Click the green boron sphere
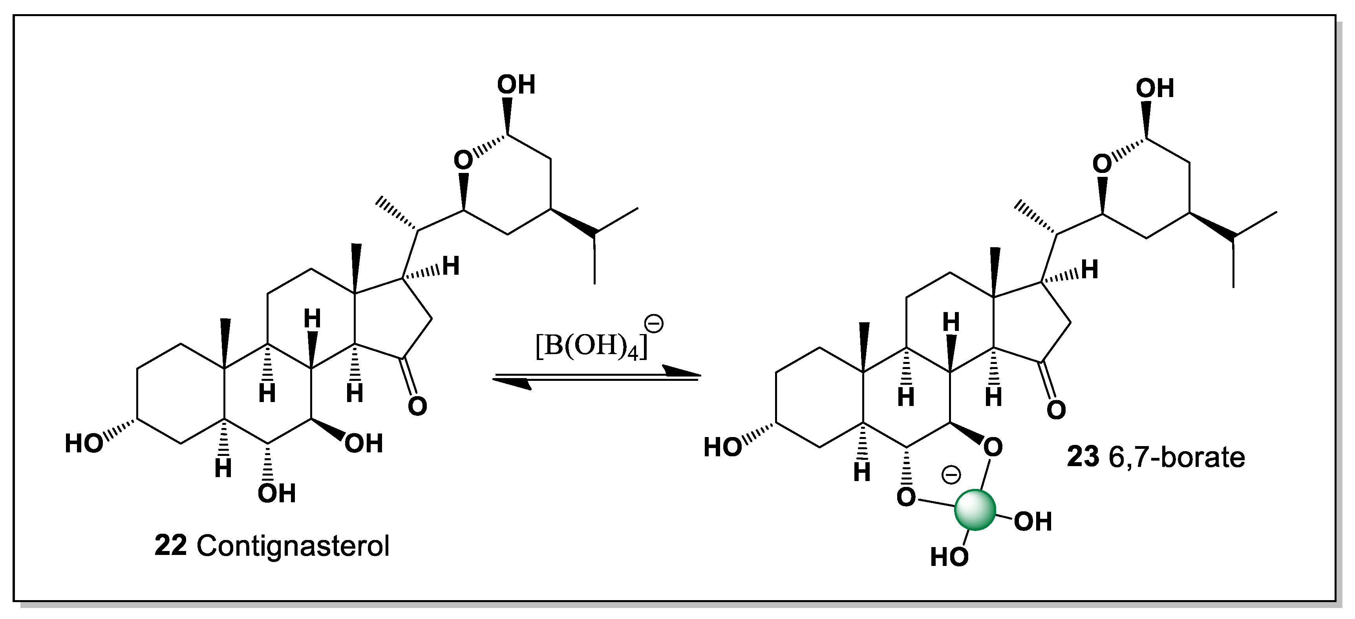coord(975,509)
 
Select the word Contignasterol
coord(293,546)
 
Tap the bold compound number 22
coord(170,546)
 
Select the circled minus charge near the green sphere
coord(951,475)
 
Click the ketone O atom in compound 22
coord(417,406)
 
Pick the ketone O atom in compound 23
coord(1056,410)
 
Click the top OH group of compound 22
coord(516,85)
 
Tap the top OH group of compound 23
coord(1155,88)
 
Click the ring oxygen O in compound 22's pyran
coord(463,160)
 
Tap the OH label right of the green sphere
coord(1033,522)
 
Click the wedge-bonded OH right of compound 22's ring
coord(364,444)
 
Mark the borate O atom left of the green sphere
coord(906,497)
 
